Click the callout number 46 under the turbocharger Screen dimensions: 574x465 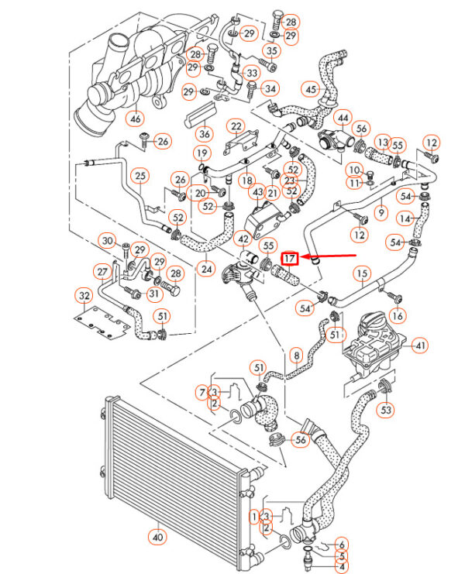tap(136, 119)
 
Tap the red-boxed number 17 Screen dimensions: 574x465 tap(290, 258)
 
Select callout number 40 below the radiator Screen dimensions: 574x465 tap(157, 536)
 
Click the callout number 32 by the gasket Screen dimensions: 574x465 tap(84, 295)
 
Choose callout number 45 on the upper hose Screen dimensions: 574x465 tap(312, 90)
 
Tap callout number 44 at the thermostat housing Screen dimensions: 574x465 tap(342, 119)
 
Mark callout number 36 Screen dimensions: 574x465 tap(205, 132)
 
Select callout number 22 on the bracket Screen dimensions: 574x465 tap(235, 125)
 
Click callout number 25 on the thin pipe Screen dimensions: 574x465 tap(140, 177)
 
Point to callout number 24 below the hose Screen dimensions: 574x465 tap(206, 269)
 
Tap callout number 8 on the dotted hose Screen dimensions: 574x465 tap(295, 356)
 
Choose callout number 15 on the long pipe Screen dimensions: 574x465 tap(362, 273)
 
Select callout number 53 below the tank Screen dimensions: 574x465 tap(386, 409)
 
